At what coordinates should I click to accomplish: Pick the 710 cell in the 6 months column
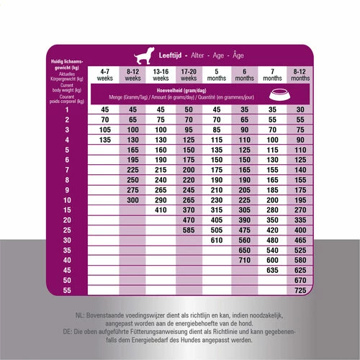tap(245, 258)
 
